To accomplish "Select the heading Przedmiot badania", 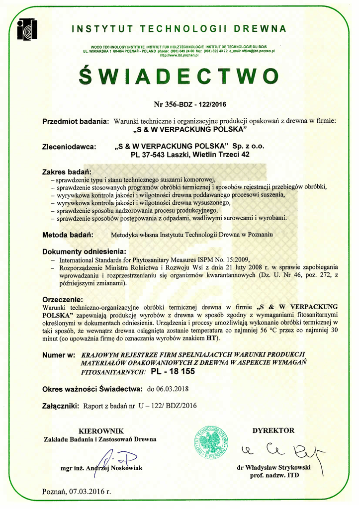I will [76, 121].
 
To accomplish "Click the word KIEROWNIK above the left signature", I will [101, 431].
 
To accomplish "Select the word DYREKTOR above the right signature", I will [273, 430].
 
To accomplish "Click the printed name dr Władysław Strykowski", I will [274, 467].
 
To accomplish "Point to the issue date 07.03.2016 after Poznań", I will [90, 492].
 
